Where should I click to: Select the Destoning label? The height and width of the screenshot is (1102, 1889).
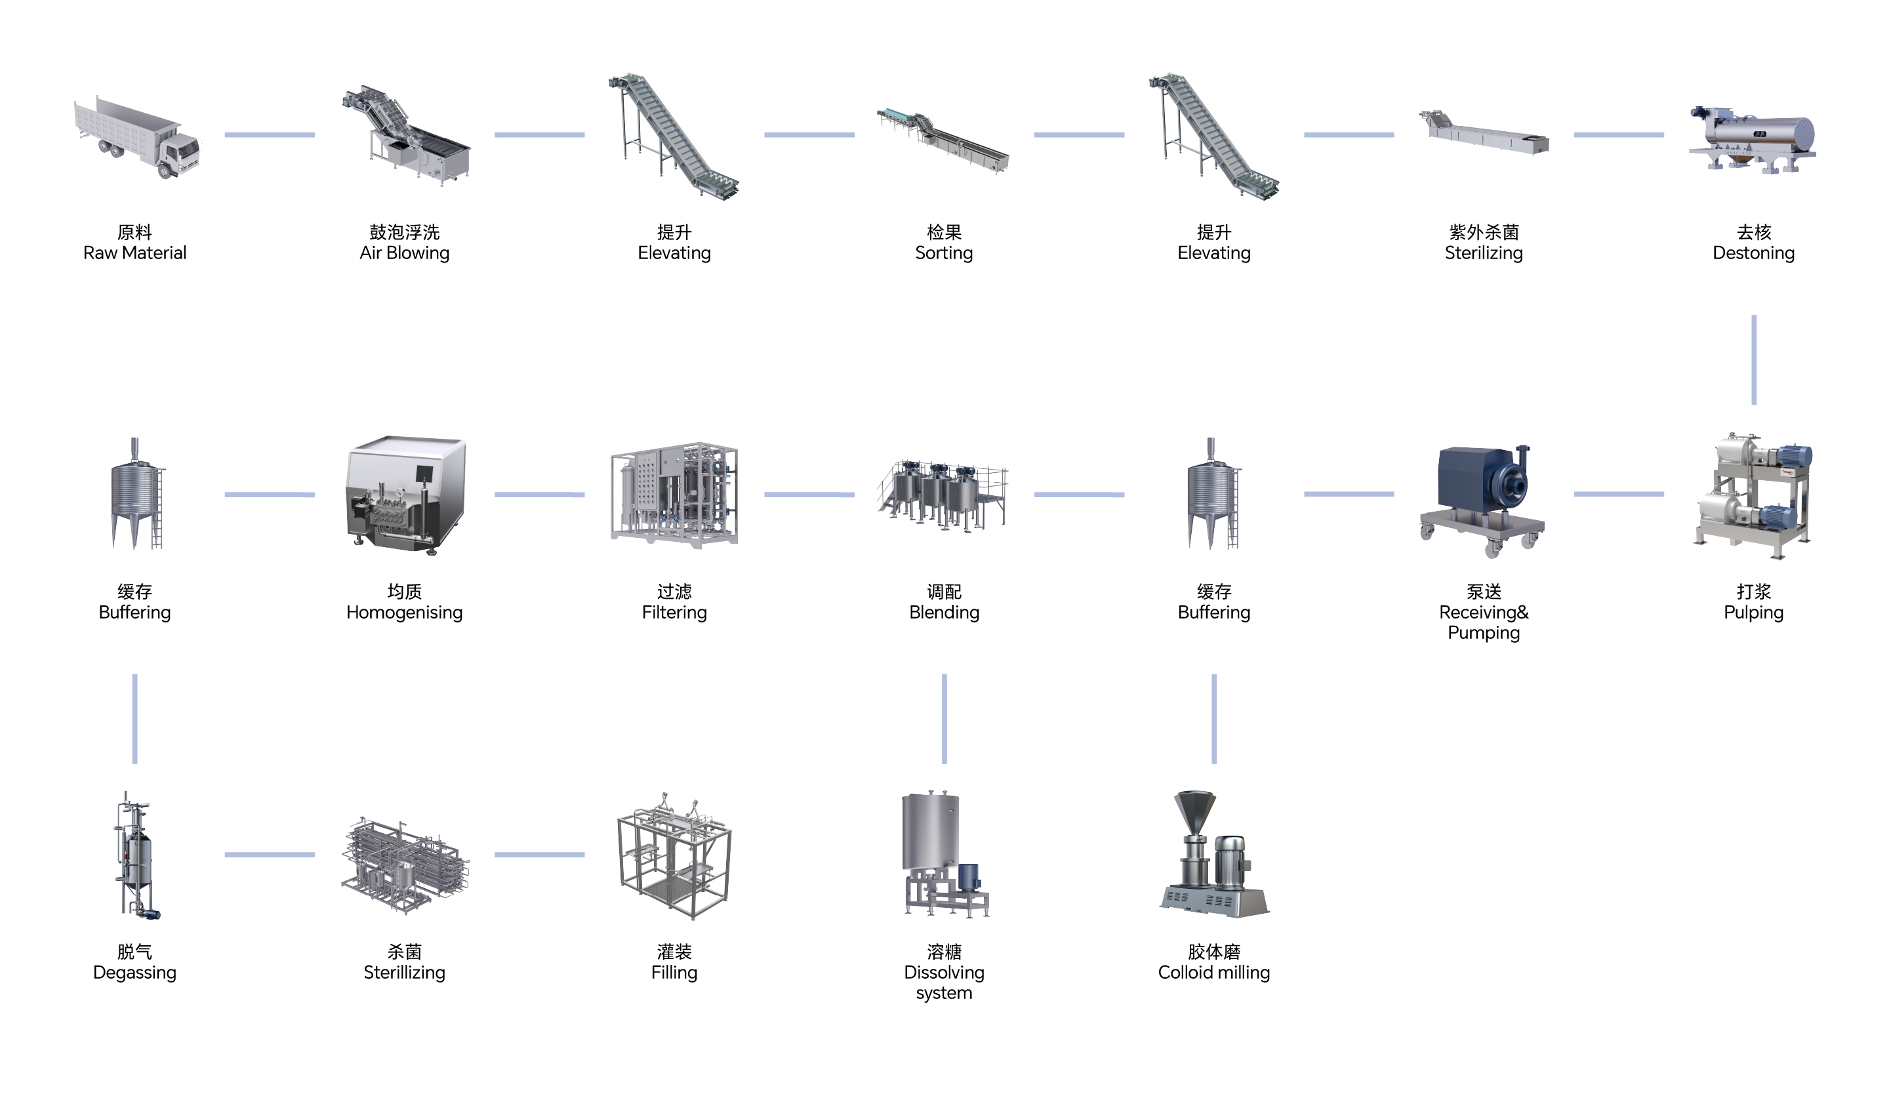pyautogui.click(x=1753, y=253)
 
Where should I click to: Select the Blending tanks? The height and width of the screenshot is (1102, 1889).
pyautogui.click(x=943, y=495)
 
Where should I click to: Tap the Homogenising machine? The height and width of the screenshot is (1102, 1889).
pyautogui.click(x=405, y=495)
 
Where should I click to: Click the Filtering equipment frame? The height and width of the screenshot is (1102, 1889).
pyautogui.click(x=674, y=494)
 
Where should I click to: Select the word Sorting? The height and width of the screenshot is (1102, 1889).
pyautogui.click(x=944, y=253)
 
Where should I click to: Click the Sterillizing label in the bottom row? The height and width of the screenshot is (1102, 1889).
pyautogui.click(x=404, y=972)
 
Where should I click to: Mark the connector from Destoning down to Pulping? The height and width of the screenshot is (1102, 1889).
pyautogui.click(x=1753, y=360)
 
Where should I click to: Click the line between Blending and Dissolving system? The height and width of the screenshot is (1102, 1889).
pyautogui.click(x=944, y=718)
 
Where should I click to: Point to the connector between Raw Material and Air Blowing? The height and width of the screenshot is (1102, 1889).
pyautogui.click(x=270, y=135)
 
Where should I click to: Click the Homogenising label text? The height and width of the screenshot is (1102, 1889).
pyautogui.click(x=404, y=613)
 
